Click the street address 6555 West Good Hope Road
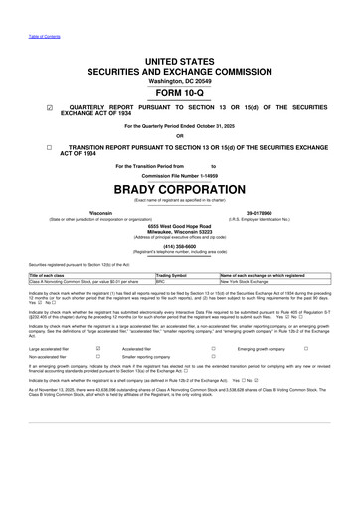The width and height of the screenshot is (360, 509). (180, 227)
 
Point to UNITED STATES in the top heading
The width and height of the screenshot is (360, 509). (180, 61)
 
